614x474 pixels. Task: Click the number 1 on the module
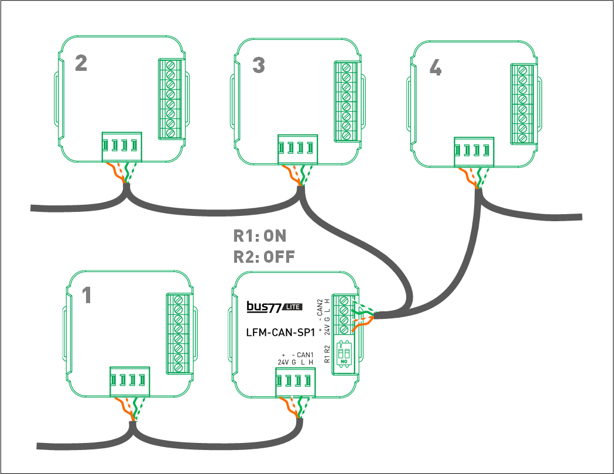pyautogui.click(x=87, y=296)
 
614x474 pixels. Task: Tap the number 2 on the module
pyautogui.click(x=81, y=63)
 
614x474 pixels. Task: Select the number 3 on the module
pyautogui.click(x=258, y=66)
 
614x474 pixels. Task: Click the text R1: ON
pyautogui.click(x=260, y=236)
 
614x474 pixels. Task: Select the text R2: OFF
pyautogui.click(x=264, y=257)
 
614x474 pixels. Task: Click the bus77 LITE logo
pyautogui.click(x=274, y=307)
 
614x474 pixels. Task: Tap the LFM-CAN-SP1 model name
pyautogui.click(x=281, y=332)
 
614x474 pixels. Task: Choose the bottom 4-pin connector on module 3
pyautogui.click(x=299, y=149)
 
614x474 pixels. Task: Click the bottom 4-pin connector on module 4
pyautogui.click(x=475, y=152)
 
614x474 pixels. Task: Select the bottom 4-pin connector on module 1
pyautogui.click(x=129, y=382)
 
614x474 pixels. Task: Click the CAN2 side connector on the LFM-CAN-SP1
pyautogui.click(x=344, y=314)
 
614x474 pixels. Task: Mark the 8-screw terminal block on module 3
pyautogui.click(x=347, y=101)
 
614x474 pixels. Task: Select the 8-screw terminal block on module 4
pyautogui.click(x=522, y=104)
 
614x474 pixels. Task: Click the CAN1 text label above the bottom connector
pyautogui.click(x=305, y=355)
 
